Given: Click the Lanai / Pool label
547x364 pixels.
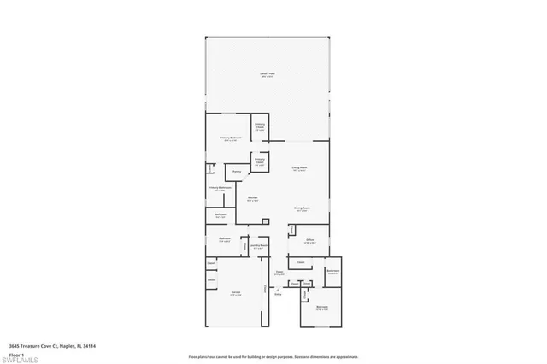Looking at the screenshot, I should pyautogui.click(x=268, y=76).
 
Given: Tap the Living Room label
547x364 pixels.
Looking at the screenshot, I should pyautogui.click(x=299, y=169).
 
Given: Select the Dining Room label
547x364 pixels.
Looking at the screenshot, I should pyautogui.click(x=302, y=208).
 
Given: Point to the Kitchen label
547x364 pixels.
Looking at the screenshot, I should pyautogui.click(x=253, y=199).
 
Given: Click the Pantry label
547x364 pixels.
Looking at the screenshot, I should pyautogui.click(x=237, y=173).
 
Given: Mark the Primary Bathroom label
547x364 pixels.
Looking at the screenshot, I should pyautogui.click(x=220, y=188).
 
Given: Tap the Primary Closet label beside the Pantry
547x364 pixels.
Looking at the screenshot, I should pyautogui.click(x=259, y=161).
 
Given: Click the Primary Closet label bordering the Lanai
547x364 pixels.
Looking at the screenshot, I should pyautogui.click(x=260, y=127).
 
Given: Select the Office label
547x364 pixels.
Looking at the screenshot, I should pyautogui.click(x=311, y=242).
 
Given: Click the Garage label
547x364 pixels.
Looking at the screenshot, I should pyautogui.click(x=235, y=293).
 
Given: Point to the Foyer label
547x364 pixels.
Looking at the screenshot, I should pyautogui.click(x=279, y=274).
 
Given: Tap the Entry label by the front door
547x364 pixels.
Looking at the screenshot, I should pyautogui.click(x=278, y=295).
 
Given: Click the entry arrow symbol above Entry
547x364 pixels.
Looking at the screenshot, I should pyautogui.click(x=278, y=289).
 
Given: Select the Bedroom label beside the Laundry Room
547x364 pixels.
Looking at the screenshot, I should pyautogui.click(x=224, y=240).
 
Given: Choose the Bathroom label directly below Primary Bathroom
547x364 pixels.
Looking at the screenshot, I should pyautogui.click(x=220, y=215).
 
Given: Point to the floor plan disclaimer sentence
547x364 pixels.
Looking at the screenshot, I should pyautogui.click(x=273, y=356).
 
